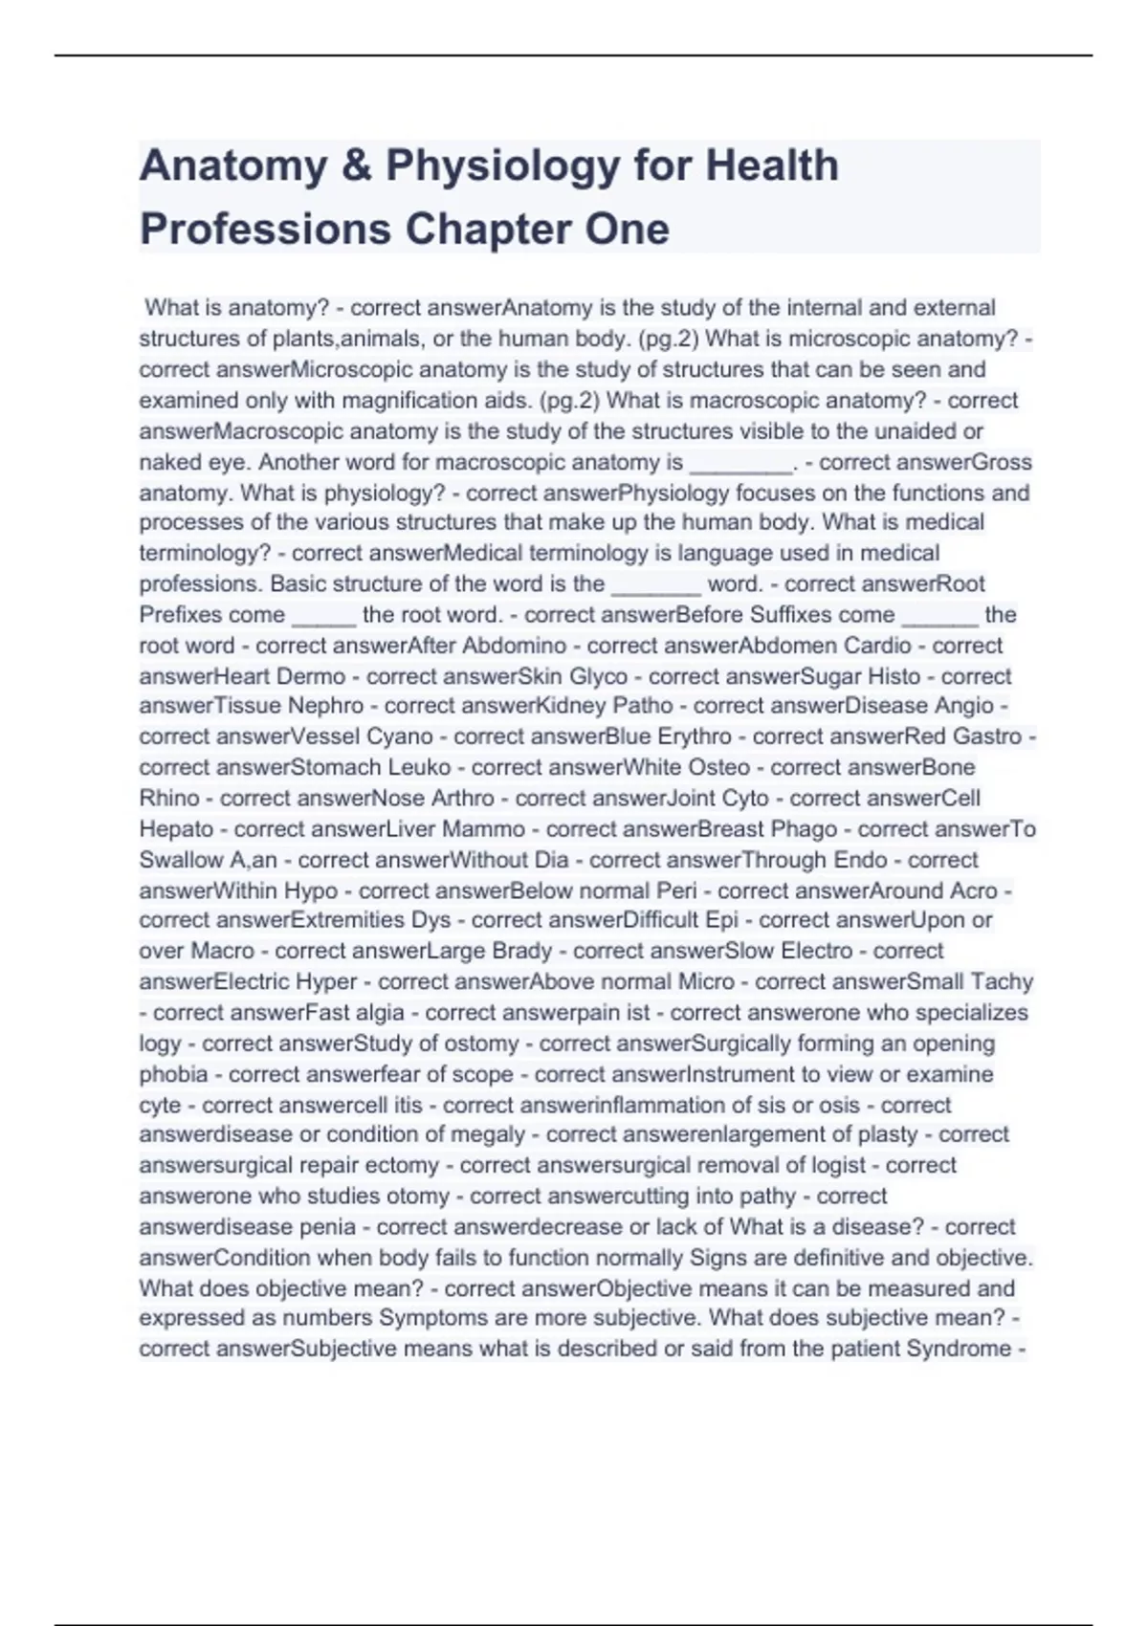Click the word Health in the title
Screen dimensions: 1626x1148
coord(772,165)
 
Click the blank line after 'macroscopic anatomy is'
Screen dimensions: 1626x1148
coord(740,464)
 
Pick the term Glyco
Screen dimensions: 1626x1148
coord(599,676)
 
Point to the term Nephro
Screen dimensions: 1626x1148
coord(326,706)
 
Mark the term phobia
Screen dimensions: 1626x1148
coord(173,1074)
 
